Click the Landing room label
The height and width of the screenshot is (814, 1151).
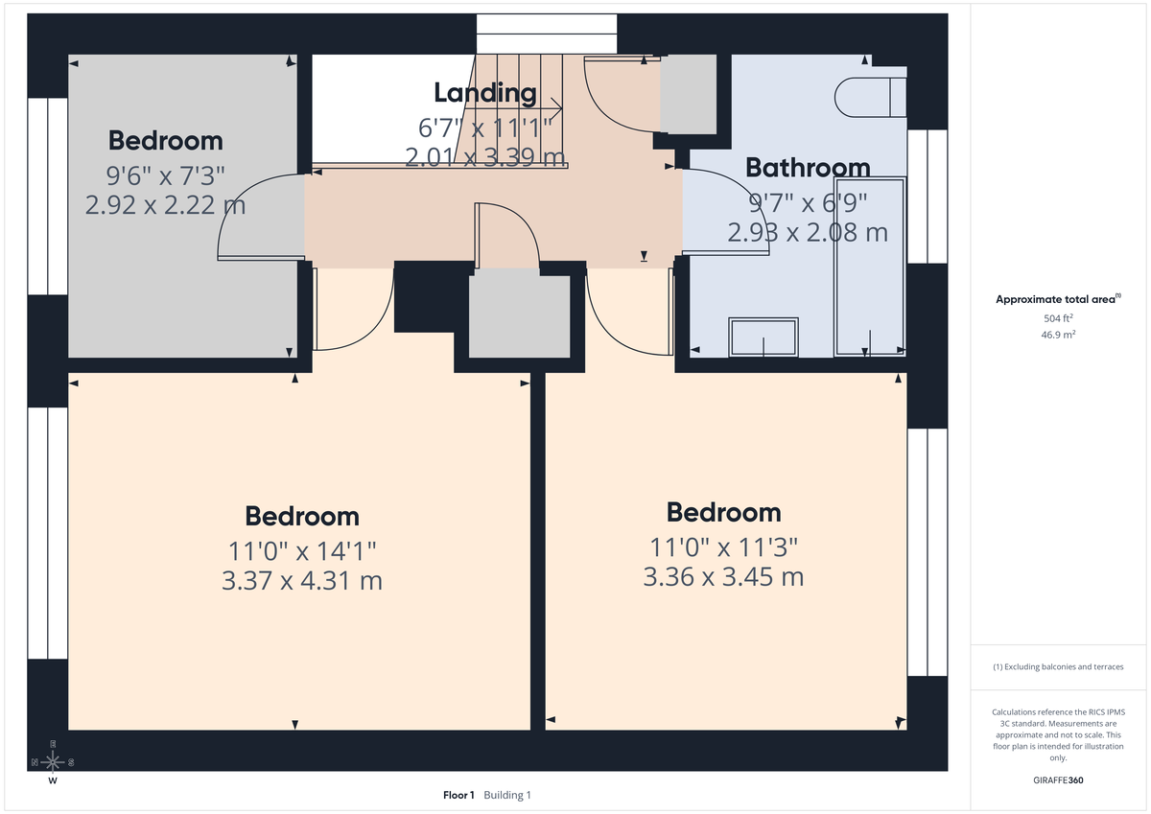[x=484, y=93]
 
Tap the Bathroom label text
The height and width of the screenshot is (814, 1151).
[x=808, y=168]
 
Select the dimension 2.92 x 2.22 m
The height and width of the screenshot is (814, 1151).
[x=165, y=205]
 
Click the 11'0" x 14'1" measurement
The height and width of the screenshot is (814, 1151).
[x=301, y=550]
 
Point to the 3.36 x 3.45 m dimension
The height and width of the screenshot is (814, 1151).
[x=723, y=577]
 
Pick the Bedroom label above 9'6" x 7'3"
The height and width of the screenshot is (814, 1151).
[x=165, y=140]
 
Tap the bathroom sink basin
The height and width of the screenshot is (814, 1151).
[x=763, y=337]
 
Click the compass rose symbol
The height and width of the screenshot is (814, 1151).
[x=53, y=762]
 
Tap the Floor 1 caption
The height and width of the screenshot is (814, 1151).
[x=458, y=796]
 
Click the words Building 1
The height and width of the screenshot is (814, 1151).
[x=507, y=796]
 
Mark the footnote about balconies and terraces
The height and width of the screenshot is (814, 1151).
[x=1057, y=666]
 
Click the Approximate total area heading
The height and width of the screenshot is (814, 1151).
[x=1057, y=299]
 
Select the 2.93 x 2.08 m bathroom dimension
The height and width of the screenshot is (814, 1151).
[x=808, y=232]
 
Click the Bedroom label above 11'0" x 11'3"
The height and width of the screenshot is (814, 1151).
[x=723, y=512]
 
